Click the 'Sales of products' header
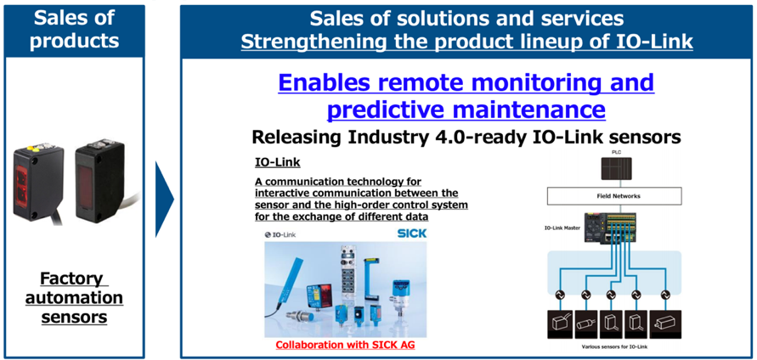(x=74, y=29)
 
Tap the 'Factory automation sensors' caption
(x=74, y=298)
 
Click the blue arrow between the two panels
(x=164, y=200)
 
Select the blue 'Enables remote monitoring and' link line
(x=466, y=83)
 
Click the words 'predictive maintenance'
(x=466, y=110)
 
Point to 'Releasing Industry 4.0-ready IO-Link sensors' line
(x=466, y=138)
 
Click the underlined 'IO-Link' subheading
(x=277, y=163)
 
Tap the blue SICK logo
(x=411, y=234)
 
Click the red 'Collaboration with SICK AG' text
(x=345, y=345)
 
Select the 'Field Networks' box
(x=614, y=196)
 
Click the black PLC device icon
(x=616, y=168)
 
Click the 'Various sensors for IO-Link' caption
(x=615, y=347)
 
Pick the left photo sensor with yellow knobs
(x=38, y=182)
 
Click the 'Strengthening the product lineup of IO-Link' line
(x=466, y=42)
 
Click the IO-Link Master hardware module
(x=610, y=228)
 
